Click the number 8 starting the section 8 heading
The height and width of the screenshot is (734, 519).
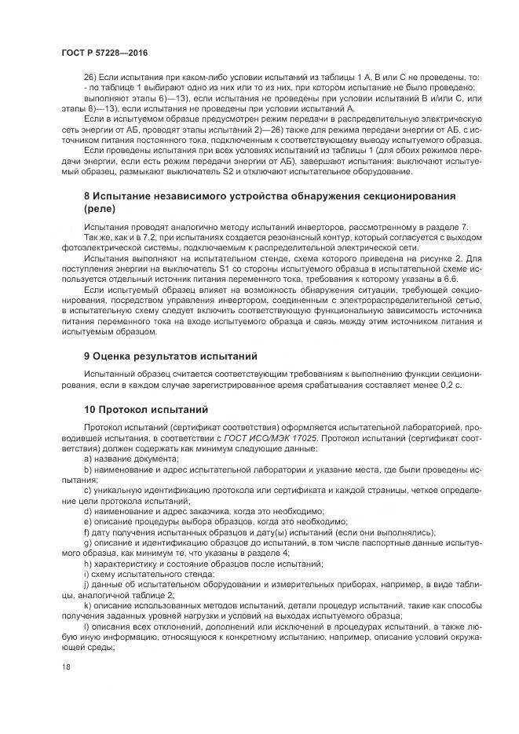86,194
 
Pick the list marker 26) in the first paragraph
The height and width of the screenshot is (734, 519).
92,77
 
